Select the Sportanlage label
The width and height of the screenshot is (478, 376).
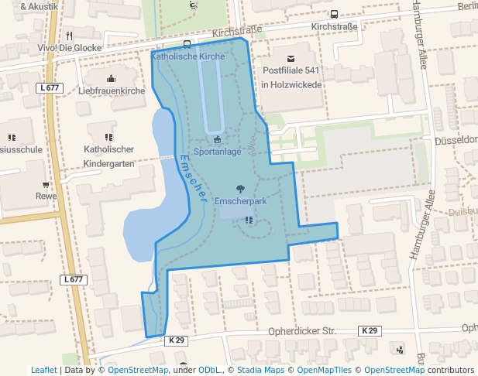tap(218, 152)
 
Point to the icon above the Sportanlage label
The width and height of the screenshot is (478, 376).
tap(218, 139)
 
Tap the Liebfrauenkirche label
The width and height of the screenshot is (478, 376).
tap(112, 91)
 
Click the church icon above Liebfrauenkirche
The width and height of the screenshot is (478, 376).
tap(112, 78)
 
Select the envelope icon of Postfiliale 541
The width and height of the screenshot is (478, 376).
tap(291, 59)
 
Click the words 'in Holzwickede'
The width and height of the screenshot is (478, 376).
tap(291, 85)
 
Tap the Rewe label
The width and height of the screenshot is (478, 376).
tap(46, 196)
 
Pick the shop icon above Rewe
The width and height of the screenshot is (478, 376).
tap(46, 184)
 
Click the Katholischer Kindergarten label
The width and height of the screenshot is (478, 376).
tap(108, 156)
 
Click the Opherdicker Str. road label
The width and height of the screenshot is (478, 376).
tap(302, 331)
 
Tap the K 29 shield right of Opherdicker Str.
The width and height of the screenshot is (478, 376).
tap(370, 331)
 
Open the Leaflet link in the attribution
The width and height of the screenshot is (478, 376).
tap(43, 370)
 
